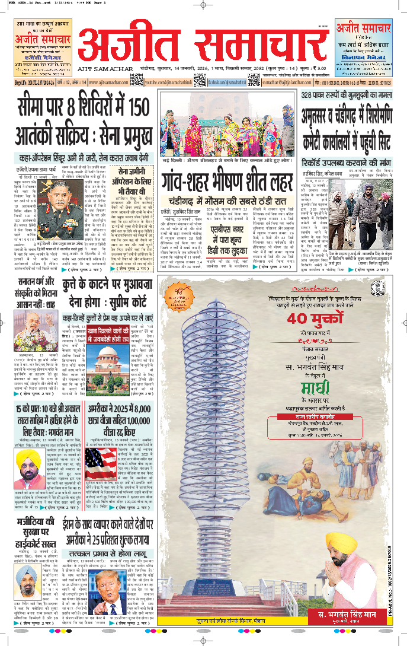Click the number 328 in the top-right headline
click(x=309, y=94)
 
